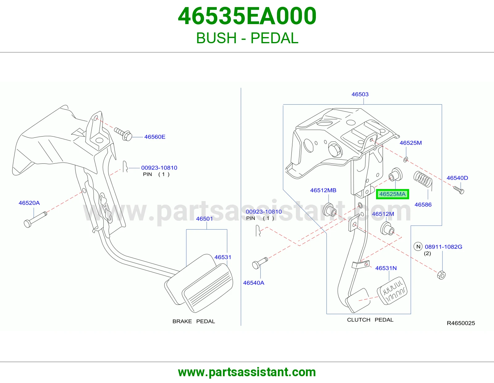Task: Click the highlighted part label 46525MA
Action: [392, 194]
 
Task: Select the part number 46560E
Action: [155, 137]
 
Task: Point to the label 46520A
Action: [29, 203]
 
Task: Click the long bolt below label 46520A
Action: [35, 219]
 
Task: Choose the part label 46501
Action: [204, 219]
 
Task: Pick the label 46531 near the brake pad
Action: [223, 257]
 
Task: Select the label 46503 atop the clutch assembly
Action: [360, 94]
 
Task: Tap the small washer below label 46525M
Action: [406, 159]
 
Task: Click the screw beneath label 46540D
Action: [459, 190]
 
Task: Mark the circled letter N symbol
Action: [418, 246]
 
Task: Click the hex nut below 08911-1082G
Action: [441, 275]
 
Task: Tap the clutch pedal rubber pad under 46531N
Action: [392, 291]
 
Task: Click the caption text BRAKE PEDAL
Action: [194, 321]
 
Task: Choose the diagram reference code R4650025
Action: [461, 323]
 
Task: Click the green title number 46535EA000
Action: [247, 16]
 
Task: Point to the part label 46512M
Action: [383, 214]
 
